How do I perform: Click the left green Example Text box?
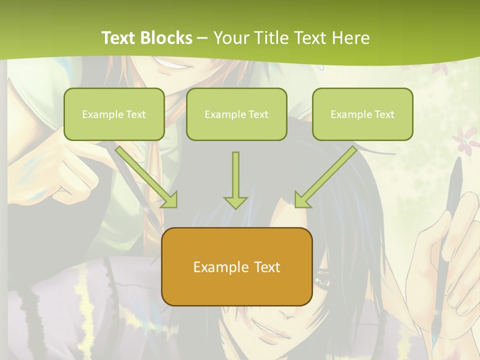coord(114,114)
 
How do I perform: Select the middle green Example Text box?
coord(236,114)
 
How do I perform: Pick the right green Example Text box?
coord(362,114)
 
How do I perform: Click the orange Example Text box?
coord(236,266)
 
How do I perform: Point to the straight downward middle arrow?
coord(235,180)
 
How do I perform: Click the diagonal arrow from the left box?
coord(147,176)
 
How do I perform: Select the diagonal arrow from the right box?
coord(325,177)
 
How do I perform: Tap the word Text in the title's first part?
coord(119,37)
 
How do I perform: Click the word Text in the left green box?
coord(136,114)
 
